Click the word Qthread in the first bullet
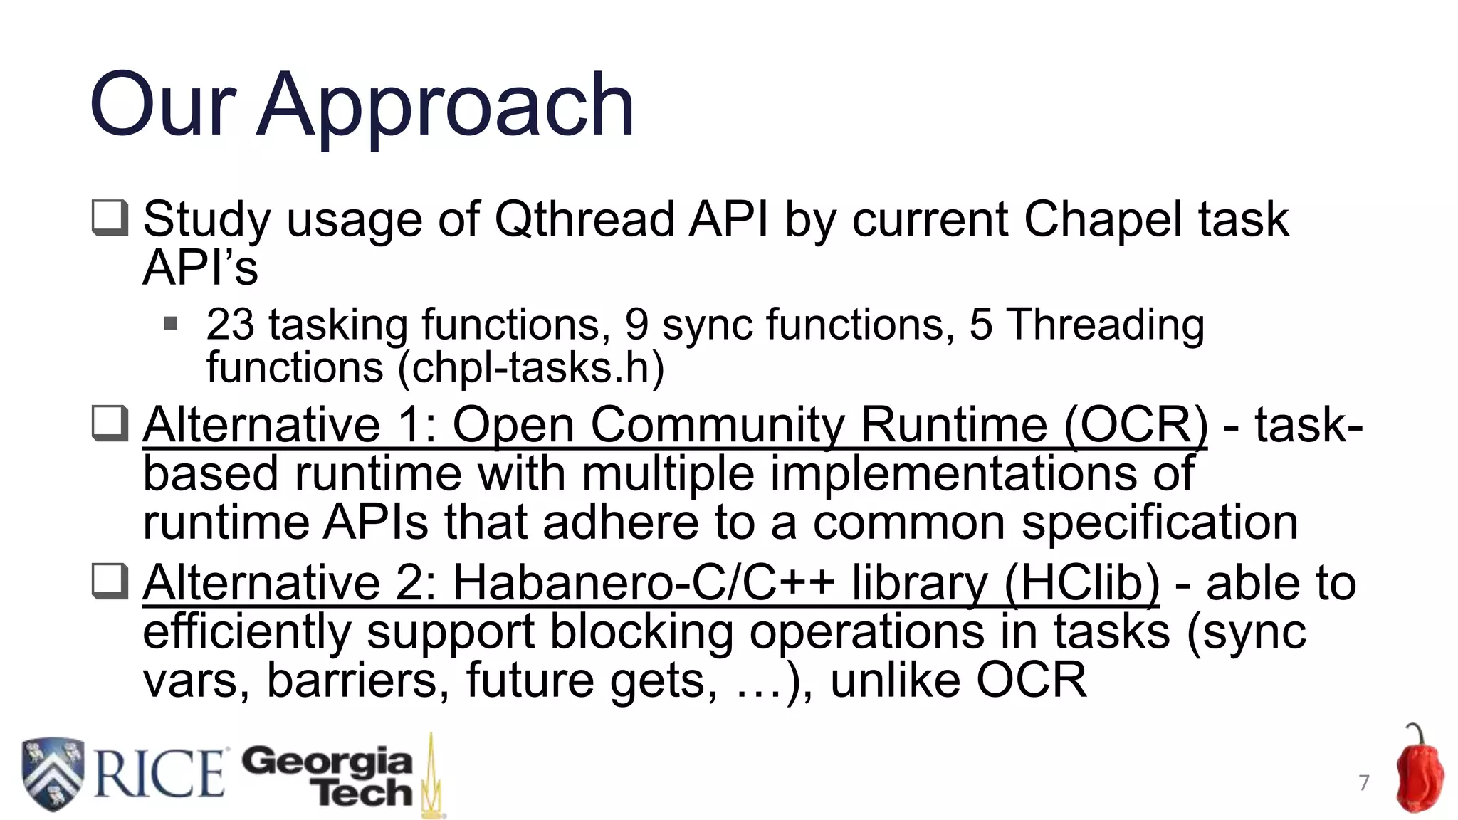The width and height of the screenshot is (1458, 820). click(x=584, y=219)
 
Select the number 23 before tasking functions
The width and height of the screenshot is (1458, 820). click(x=229, y=325)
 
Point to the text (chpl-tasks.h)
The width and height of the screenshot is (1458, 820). click(x=531, y=369)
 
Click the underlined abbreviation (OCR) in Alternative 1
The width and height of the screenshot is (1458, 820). click(x=1135, y=426)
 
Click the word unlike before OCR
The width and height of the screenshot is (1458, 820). click(x=895, y=680)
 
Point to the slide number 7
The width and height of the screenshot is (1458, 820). click(x=1363, y=783)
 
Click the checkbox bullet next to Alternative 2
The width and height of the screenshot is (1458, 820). click(x=110, y=582)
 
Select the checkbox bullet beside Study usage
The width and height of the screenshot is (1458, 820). click(x=110, y=218)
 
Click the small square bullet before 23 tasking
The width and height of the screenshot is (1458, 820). click(x=170, y=325)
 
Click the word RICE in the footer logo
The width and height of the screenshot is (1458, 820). click(x=158, y=774)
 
